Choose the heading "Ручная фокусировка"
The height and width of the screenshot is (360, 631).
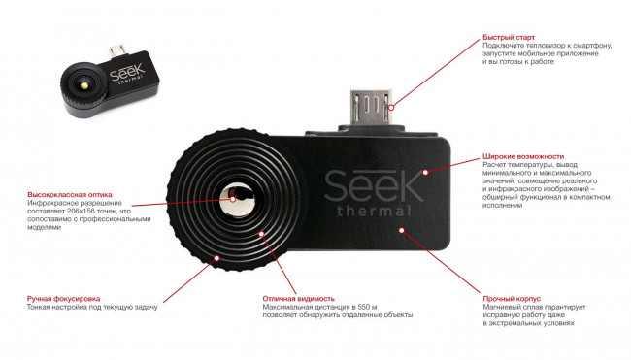[63, 298]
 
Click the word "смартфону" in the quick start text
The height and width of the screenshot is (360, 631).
[608, 46]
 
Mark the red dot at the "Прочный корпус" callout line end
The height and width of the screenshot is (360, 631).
[403, 230]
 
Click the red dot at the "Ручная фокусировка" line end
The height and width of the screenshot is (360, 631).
[216, 257]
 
